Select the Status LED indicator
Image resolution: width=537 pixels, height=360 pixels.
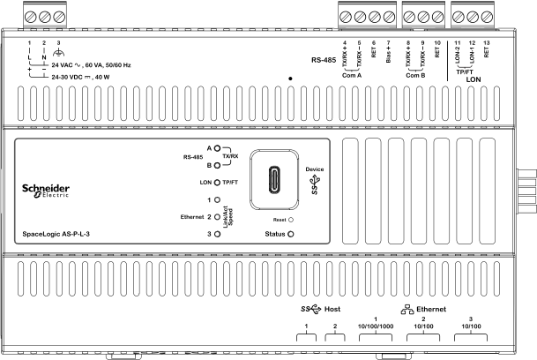[290, 234]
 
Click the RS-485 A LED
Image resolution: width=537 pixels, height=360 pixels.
[217, 148]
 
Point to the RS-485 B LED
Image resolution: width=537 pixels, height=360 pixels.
[217, 164]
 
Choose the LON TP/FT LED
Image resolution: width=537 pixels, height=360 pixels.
[217, 183]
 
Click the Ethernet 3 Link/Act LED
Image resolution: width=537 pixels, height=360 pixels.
[217, 234]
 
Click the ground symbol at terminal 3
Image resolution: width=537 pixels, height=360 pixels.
[58, 52]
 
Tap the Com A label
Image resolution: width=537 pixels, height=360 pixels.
[353, 75]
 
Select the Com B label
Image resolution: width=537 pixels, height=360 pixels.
[416, 75]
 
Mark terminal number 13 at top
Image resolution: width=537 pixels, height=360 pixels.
[487, 42]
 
